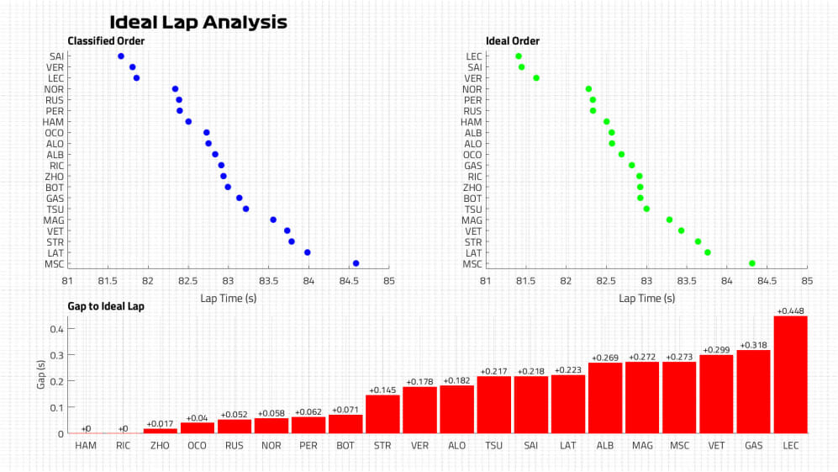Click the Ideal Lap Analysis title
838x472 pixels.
tap(198, 23)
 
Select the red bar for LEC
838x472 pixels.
tap(790, 374)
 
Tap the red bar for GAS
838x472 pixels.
tap(753, 391)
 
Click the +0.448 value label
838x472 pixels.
tap(790, 310)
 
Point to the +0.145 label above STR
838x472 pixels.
tap(382, 390)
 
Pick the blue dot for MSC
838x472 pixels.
tap(356, 263)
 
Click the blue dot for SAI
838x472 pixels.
tap(121, 56)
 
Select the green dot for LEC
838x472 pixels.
tap(518, 56)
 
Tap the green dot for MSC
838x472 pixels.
tap(752, 263)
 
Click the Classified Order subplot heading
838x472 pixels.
tap(106, 40)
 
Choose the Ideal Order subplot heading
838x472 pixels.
tap(513, 40)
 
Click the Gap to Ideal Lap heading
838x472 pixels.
tap(106, 306)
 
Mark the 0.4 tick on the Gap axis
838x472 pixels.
tap(55, 329)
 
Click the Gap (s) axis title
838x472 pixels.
tap(40, 375)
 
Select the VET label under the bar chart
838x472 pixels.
tap(716, 444)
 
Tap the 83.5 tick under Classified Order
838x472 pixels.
tap(268, 281)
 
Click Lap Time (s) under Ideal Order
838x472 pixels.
tap(646, 298)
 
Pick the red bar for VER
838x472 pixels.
tap(419, 410)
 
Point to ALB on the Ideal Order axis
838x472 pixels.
tap(473, 133)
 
